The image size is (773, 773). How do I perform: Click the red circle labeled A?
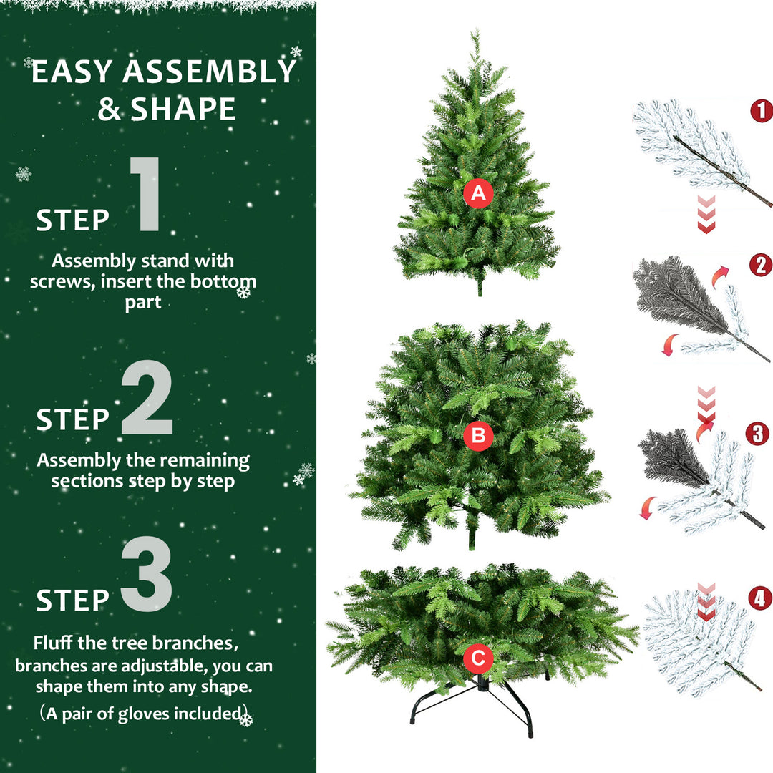478,193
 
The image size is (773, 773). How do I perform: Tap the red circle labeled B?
478,435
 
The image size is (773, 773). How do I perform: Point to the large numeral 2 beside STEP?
147,399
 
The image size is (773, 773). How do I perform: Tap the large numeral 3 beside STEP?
147,575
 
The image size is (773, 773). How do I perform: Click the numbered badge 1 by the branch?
761,110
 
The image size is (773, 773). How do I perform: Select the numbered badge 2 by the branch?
761,265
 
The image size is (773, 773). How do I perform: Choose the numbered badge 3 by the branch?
757,434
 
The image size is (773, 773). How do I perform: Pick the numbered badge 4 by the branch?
759,598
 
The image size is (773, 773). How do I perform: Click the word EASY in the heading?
72,73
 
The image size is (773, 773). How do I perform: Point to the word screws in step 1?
61,281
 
